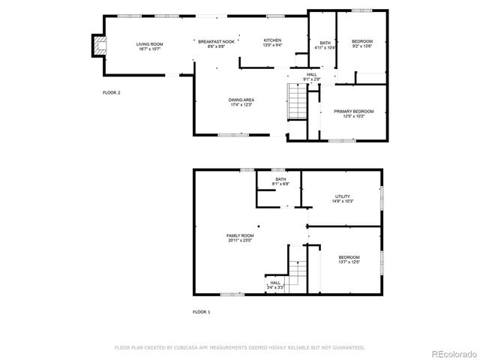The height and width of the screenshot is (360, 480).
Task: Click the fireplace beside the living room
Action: coord(96,46)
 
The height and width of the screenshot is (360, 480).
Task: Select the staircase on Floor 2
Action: coord(298,101)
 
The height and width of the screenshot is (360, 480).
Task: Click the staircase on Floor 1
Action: coord(297,271)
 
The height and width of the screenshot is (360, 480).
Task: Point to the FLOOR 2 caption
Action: coord(112,92)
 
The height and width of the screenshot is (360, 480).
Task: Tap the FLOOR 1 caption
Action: coord(201,311)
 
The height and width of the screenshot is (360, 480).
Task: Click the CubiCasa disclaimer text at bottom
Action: coord(239,348)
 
